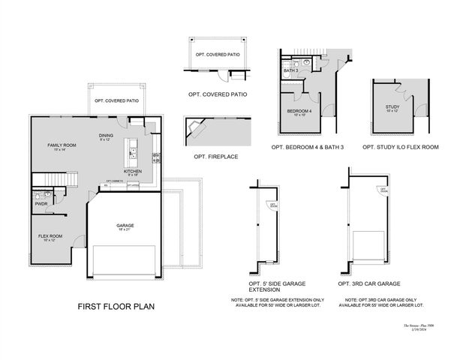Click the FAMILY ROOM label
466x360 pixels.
(x=62, y=145)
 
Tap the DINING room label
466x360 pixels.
(x=106, y=136)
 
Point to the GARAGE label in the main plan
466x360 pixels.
(x=125, y=226)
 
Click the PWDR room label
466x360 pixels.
(x=41, y=204)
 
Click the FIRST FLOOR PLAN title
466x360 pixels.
(x=116, y=307)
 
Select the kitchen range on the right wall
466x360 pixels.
(x=156, y=157)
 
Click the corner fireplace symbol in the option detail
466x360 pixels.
(x=197, y=128)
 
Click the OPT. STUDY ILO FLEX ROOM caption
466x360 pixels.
(x=400, y=147)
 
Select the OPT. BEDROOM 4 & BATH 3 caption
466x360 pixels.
(x=308, y=147)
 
